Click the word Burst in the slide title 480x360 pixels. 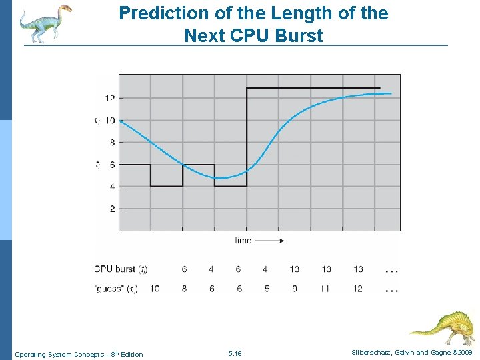pos(297,35)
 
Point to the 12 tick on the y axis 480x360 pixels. pos(109,98)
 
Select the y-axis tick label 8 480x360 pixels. pos(111,143)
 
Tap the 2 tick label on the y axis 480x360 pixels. pos(111,209)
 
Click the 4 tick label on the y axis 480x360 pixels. pos(111,187)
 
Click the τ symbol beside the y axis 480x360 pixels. pos(97,121)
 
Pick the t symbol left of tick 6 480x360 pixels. pos(97,164)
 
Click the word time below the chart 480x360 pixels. pos(243,240)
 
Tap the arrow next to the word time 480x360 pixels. pos(271,240)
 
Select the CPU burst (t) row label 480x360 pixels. pos(121,269)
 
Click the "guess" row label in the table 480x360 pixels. pos(115,289)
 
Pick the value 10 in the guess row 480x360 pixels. pos(154,289)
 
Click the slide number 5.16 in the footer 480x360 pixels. pos(235,353)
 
